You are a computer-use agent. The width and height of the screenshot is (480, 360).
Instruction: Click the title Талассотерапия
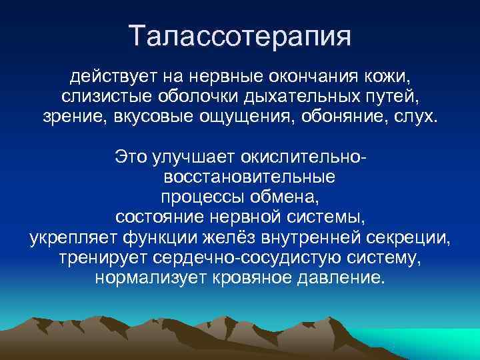point(240,35)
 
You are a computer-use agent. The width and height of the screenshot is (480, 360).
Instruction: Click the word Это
point(131,157)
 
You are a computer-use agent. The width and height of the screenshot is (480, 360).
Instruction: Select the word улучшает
point(187,157)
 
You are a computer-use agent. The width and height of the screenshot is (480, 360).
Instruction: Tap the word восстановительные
point(249,178)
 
